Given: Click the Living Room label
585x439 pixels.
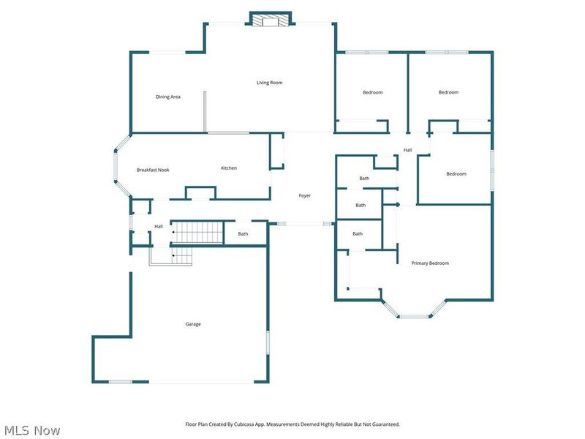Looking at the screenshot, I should point(269,83).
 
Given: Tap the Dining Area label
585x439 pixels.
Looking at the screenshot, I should point(167,97).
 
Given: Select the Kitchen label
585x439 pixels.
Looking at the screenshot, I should point(229,168).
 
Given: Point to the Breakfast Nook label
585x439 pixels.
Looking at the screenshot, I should point(153,170).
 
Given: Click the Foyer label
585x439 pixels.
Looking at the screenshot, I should point(304,195).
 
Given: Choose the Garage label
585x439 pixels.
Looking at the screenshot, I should point(192,324).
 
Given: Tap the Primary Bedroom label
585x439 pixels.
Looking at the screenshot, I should point(430,263).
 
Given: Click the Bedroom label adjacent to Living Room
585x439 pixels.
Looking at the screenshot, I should point(372,92).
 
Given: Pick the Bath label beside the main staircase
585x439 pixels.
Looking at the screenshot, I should point(243,234).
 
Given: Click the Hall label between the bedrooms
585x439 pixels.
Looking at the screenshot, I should point(407,151).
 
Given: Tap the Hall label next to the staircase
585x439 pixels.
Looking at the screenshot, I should point(159,227).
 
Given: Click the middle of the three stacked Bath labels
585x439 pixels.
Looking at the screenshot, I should point(361,206).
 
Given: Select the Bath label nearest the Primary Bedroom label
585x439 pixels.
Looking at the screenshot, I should point(358,234).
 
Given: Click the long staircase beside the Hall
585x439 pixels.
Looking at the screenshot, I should point(197,233).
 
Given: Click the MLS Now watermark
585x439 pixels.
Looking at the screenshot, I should point(32,430).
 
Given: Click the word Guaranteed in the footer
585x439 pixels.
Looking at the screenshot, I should point(382,424).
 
